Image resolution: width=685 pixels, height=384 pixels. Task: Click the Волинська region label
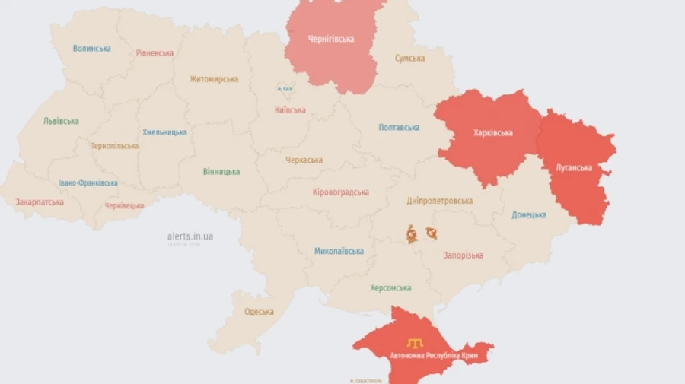point(92,49)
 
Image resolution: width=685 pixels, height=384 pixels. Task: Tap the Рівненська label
point(155,53)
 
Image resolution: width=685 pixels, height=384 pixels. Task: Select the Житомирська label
point(215,79)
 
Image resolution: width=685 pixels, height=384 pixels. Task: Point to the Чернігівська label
point(331,40)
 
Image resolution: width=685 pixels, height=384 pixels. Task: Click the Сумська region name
point(409,59)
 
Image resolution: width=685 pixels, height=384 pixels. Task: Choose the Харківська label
point(493,133)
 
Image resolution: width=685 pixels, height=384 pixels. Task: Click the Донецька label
point(529,215)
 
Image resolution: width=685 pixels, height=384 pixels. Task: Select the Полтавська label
point(400,128)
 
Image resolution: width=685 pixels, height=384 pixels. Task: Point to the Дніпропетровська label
point(440,201)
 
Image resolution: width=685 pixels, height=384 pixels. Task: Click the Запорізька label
point(464,255)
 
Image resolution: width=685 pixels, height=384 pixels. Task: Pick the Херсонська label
point(390,288)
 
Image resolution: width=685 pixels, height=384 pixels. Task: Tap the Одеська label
point(259,313)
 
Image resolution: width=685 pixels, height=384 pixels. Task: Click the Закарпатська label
point(40,202)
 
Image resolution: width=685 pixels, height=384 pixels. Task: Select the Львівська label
point(62,122)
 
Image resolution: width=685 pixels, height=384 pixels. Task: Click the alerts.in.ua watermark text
point(190,236)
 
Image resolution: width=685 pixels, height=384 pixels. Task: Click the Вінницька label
point(221,172)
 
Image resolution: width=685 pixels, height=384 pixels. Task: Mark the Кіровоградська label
point(341,192)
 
